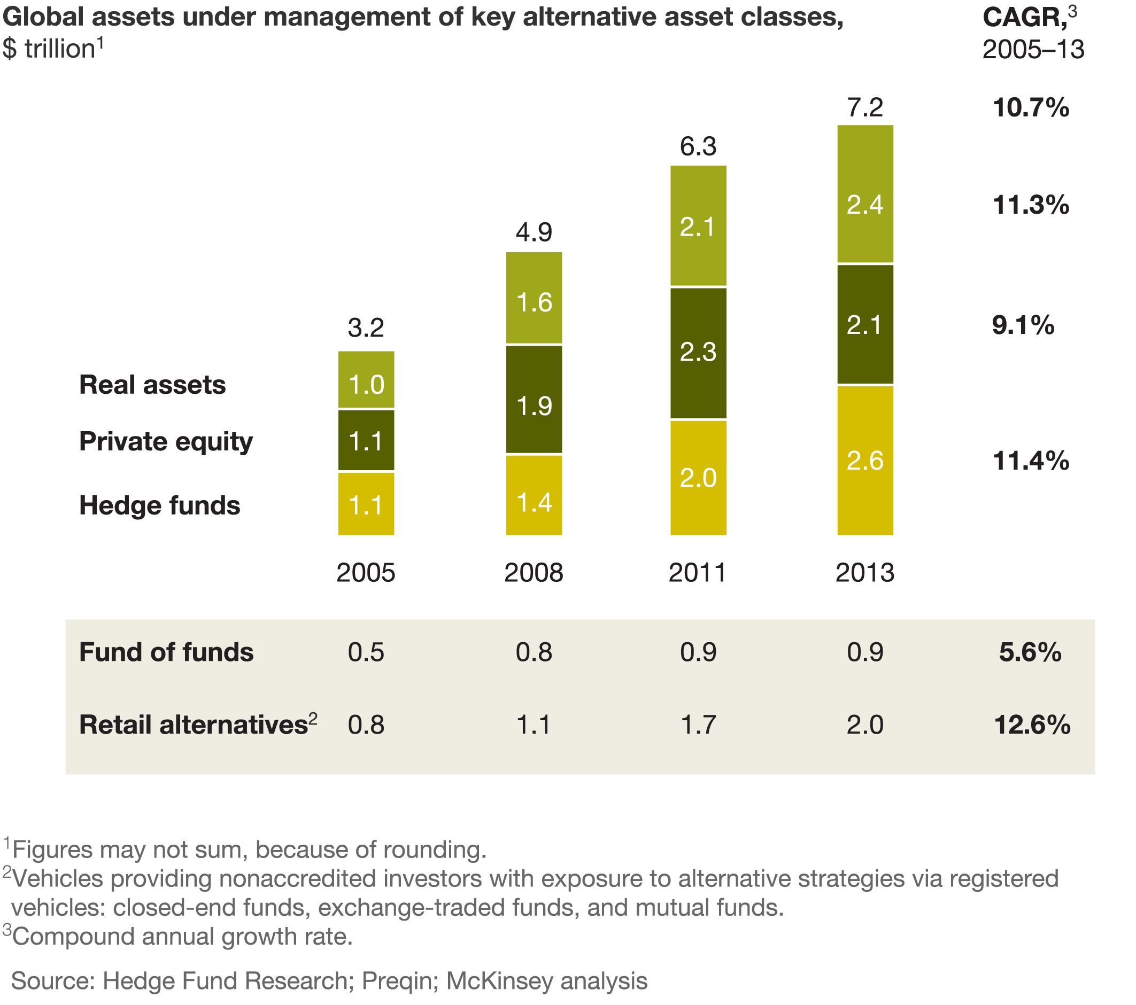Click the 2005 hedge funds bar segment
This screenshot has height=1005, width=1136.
[x=366, y=504]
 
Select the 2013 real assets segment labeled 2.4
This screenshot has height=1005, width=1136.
[x=865, y=194]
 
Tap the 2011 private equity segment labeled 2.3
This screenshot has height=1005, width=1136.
[x=698, y=353]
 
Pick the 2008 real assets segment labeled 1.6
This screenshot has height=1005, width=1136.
[x=534, y=298]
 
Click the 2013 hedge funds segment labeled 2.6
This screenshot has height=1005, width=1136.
[x=865, y=460]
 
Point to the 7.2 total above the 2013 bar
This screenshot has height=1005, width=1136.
[x=865, y=107]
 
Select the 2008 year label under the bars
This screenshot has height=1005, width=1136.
[x=534, y=573]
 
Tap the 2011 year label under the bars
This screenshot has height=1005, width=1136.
[x=698, y=573]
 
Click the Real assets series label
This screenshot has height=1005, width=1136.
[x=152, y=385]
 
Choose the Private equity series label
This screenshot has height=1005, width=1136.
[x=166, y=442]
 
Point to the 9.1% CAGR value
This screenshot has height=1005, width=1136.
[x=1023, y=325]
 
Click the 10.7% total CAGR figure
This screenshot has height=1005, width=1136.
[x=1030, y=108]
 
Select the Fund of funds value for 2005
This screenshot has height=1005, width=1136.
[x=366, y=652]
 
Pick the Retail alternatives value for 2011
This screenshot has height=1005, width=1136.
[x=698, y=725]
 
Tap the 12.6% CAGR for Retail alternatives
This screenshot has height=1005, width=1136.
[x=1032, y=725]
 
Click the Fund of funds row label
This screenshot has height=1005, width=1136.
[x=166, y=652]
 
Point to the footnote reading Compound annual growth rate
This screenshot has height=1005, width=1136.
[x=182, y=936]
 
